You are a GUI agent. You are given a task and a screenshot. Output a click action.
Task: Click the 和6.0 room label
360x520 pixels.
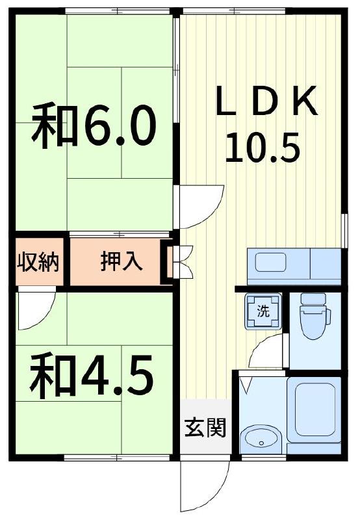point(94,125)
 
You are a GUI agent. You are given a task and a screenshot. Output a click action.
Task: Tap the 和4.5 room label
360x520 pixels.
point(92,376)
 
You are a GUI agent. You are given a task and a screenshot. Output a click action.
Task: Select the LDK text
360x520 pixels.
point(267,101)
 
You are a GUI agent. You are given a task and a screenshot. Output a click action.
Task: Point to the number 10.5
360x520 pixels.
point(263,148)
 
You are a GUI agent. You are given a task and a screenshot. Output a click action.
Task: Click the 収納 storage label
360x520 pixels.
point(38,262)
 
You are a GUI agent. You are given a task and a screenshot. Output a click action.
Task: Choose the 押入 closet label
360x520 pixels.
point(122,261)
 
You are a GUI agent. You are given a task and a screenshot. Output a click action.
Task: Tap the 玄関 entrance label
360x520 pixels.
point(205,428)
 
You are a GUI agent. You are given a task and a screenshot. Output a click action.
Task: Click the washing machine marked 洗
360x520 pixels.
point(263,311)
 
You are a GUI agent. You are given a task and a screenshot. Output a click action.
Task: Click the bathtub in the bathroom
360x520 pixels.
point(314,410)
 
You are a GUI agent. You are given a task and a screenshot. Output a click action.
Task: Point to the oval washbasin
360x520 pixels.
point(259,439)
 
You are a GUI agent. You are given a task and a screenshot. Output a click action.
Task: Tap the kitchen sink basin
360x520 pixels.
point(270,263)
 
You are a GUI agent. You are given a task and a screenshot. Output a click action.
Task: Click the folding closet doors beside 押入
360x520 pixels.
point(183,262)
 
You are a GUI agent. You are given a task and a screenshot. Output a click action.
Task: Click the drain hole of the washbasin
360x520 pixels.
point(261,443)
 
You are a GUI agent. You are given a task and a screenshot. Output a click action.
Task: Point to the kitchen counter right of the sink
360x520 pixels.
point(326,263)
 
